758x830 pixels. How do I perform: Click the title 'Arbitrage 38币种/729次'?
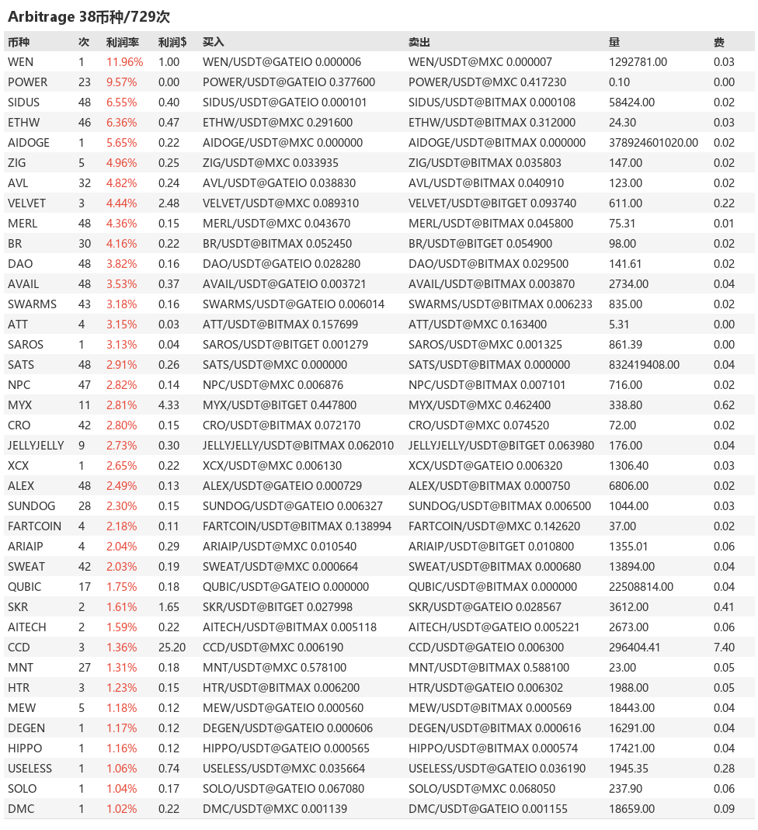click(x=89, y=16)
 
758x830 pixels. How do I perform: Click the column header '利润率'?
click(x=122, y=42)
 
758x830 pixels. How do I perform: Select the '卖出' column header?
click(x=419, y=42)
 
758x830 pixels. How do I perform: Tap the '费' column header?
click(x=719, y=42)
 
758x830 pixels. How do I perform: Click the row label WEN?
click(x=20, y=62)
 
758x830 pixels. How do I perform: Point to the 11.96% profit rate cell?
click(x=124, y=62)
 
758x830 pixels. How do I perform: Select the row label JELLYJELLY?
click(x=36, y=446)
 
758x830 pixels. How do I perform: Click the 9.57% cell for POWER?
click(x=121, y=82)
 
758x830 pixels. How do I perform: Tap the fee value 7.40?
click(x=724, y=648)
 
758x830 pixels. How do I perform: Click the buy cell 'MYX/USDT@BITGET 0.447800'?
click(x=280, y=405)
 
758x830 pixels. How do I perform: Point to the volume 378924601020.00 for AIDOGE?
click(x=653, y=143)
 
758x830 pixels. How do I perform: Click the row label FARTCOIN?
click(x=34, y=526)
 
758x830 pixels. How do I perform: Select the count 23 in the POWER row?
click(x=85, y=82)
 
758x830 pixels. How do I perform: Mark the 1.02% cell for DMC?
click(x=121, y=809)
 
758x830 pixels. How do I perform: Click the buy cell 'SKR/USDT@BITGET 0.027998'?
click(x=279, y=607)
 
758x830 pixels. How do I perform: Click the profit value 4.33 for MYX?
click(x=169, y=405)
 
